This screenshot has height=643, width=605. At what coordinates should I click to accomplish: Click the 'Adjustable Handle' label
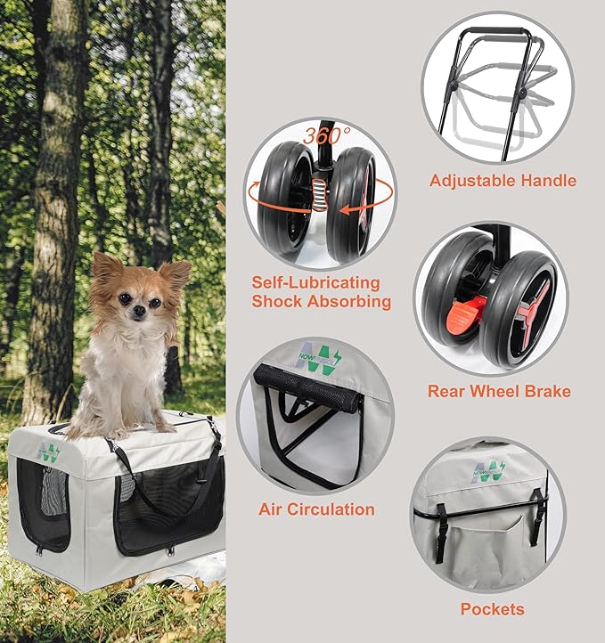[x=503, y=181]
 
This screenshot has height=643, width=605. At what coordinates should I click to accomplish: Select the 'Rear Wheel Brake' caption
[x=499, y=391]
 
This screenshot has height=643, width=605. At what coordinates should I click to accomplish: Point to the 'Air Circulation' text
[x=316, y=509]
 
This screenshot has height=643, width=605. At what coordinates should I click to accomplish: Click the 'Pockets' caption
[x=492, y=609]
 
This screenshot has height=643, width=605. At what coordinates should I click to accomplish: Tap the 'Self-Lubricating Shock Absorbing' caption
[x=321, y=292]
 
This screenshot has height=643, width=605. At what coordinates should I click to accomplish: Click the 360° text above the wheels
[x=326, y=136]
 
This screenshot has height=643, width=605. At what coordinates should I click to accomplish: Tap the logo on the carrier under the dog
[x=49, y=452]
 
